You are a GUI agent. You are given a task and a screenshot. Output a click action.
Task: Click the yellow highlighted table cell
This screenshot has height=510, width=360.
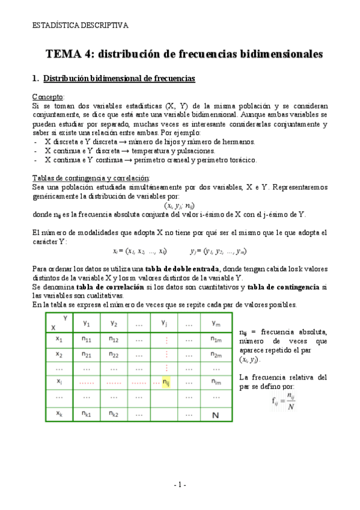tap(165, 398)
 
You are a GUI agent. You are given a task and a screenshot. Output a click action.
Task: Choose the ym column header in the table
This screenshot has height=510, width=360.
tap(215, 323)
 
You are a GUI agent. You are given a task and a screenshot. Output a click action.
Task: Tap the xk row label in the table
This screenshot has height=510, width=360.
tap(59, 413)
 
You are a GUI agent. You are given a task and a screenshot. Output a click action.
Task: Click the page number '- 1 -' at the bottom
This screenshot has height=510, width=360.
tap(180, 485)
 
